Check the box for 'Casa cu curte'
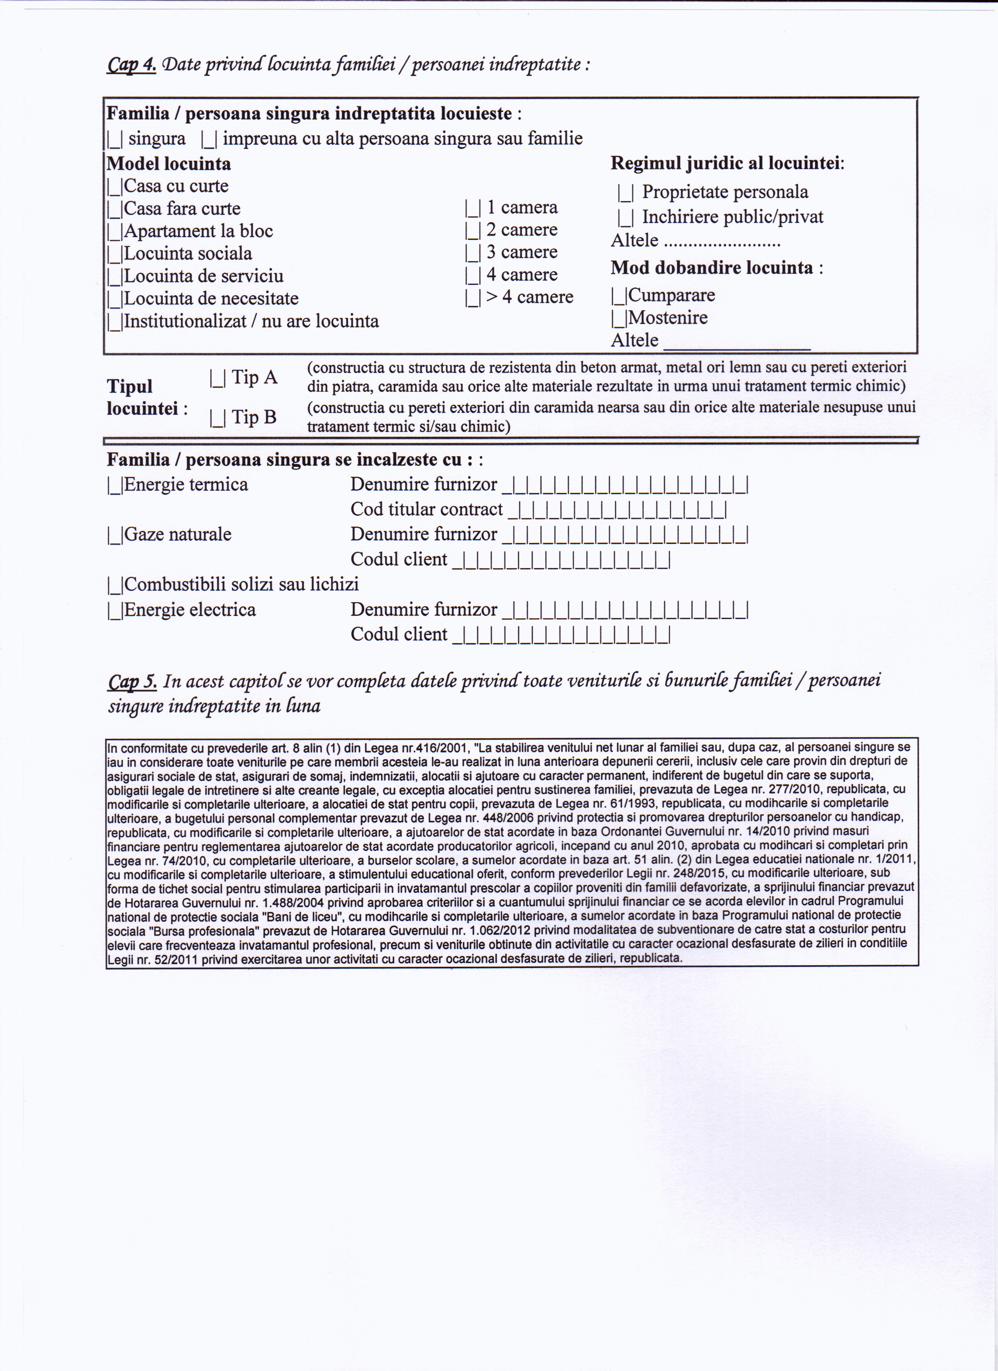[x=115, y=187]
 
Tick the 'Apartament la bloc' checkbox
[x=115, y=232]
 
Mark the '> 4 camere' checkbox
[x=473, y=297]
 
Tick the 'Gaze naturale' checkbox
[x=115, y=535]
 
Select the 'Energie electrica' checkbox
[x=115, y=610]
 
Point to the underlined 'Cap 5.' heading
[x=132, y=681]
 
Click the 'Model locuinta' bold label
[x=169, y=164]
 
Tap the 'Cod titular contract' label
[x=426, y=509]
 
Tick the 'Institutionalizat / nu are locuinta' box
[x=115, y=322]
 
